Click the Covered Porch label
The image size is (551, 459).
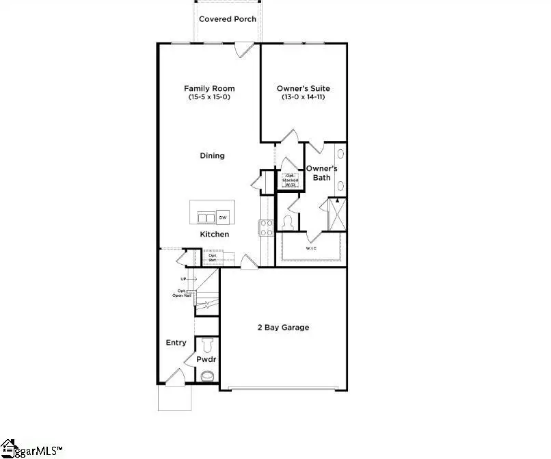[x=228, y=19]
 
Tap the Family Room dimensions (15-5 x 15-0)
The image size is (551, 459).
[x=209, y=98]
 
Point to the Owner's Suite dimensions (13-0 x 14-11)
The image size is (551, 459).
[x=304, y=98]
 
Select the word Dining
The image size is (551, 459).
[x=212, y=156]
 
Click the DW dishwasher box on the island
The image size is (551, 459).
[x=223, y=218]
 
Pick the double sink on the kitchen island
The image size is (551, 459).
[x=205, y=218]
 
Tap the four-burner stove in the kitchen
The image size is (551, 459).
[x=266, y=226]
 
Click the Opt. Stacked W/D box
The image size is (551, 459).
[x=291, y=181]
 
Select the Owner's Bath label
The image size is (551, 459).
[x=318, y=173]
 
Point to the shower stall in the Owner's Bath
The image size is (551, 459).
[x=337, y=215]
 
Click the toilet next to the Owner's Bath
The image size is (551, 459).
[x=288, y=223]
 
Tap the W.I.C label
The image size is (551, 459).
[x=311, y=249]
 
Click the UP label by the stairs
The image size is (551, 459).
[x=184, y=279]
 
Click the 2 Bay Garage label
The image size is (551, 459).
[x=283, y=328]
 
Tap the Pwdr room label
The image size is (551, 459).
[x=206, y=358]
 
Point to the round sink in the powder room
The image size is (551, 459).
[x=207, y=375]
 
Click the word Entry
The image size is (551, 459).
[x=176, y=343]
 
